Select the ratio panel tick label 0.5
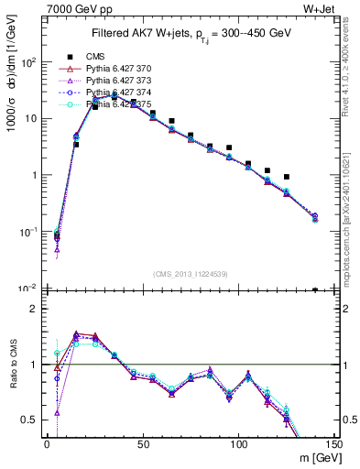29,420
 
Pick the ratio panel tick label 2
33,310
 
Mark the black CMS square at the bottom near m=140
315,290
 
